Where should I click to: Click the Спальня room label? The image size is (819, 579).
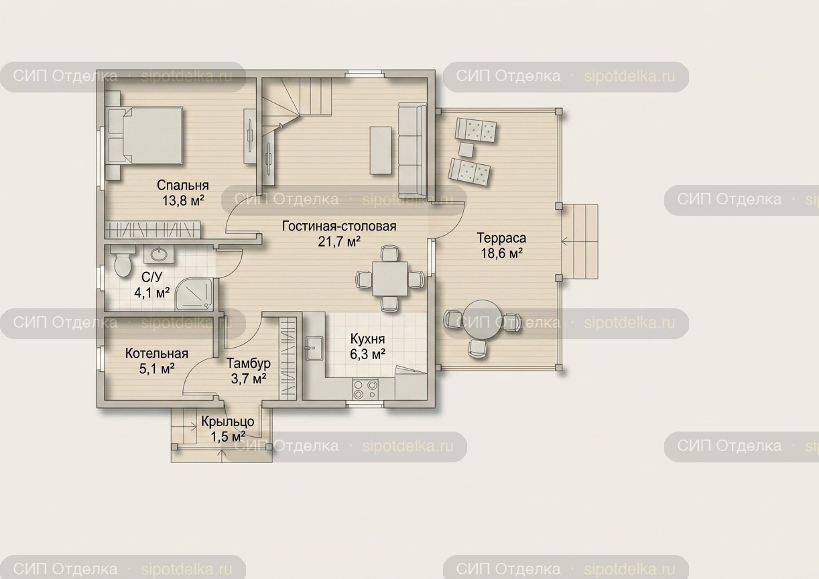click(x=183, y=186)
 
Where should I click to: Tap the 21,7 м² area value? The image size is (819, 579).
click(x=339, y=241)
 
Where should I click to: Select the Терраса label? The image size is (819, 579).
click(x=501, y=238)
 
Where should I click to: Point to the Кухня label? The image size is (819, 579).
click(x=367, y=339)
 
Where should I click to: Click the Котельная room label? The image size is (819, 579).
click(x=156, y=353)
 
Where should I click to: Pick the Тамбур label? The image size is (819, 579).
click(x=249, y=363)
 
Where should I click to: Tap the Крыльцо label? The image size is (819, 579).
click(x=228, y=422)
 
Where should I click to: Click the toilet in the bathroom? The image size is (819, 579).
click(x=122, y=261)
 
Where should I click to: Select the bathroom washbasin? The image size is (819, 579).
click(x=159, y=254)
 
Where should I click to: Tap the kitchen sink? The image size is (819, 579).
click(x=314, y=348)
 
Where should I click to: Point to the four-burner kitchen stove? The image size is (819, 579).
click(x=365, y=389)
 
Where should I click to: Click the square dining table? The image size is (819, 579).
click(x=390, y=279)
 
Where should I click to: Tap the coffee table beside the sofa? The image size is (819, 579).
click(x=381, y=150)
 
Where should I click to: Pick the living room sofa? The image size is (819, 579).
click(x=412, y=150)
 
